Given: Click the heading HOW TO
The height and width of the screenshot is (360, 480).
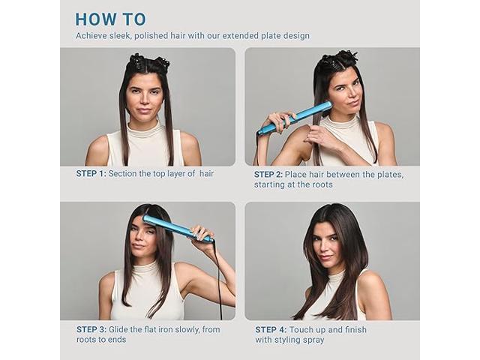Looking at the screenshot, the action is (x=110, y=19).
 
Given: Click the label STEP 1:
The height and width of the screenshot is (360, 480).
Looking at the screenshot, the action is (x=91, y=173).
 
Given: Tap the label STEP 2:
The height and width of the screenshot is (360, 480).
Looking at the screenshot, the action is (x=268, y=175).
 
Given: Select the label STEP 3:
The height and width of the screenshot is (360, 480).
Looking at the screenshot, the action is (x=91, y=330).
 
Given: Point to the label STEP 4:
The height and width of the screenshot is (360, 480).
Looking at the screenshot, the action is (x=271, y=330).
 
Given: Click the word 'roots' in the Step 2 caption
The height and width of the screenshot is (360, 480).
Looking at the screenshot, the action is (x=322, y=184).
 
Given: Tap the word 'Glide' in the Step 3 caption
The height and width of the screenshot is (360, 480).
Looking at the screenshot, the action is (x=118, y=330).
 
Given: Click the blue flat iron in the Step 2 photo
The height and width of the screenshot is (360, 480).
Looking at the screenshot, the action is (x=294, y=119).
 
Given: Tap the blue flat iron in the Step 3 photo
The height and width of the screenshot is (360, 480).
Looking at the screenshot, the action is (x=178, y=228).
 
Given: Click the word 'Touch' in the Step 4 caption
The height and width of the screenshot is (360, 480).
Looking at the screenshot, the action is (x=301, y=330).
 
